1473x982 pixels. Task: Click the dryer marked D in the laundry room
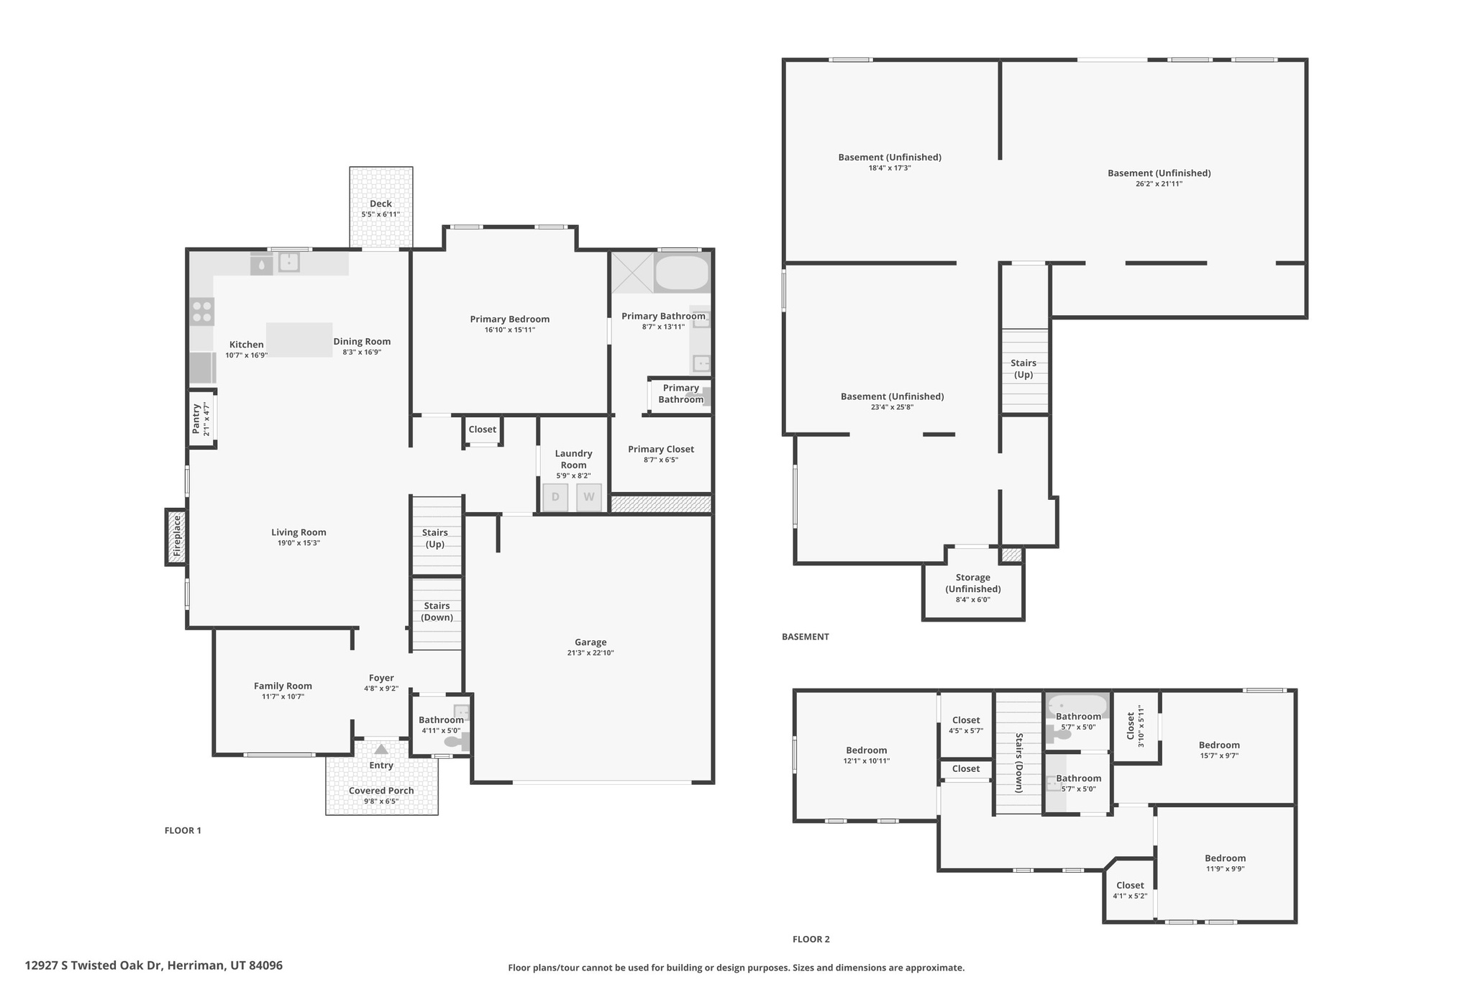[x=555, y=497]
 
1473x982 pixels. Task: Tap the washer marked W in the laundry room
[x=589, y=497]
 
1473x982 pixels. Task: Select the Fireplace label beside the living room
[x=176, y=537]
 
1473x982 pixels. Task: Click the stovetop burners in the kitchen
[x=202, y=312]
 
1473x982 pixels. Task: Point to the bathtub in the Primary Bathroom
[x=681, y=273]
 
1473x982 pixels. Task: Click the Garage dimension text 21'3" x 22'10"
[x=590, y=653]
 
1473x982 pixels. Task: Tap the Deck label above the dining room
[x=380, y=204]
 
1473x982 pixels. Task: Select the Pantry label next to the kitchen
[x=196, y=419]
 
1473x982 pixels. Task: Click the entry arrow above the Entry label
[x=381, y=750]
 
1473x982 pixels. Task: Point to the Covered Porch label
[x=381, y=791]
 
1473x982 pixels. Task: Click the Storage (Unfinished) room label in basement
[x=972, y=583]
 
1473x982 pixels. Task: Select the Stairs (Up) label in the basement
[x=1023, y=368]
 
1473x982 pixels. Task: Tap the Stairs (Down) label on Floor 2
[x=1018, y=763]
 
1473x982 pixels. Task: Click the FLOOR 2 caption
[x=811, y=939]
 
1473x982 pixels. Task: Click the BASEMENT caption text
[x=805, y=637]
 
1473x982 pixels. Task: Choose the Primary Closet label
[x=660, y=449]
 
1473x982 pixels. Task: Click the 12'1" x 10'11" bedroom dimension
[x=866, y=761]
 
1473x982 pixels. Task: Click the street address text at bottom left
[x=153, y=965]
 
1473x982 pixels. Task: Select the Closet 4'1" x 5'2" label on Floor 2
[x=1129, y=886]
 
